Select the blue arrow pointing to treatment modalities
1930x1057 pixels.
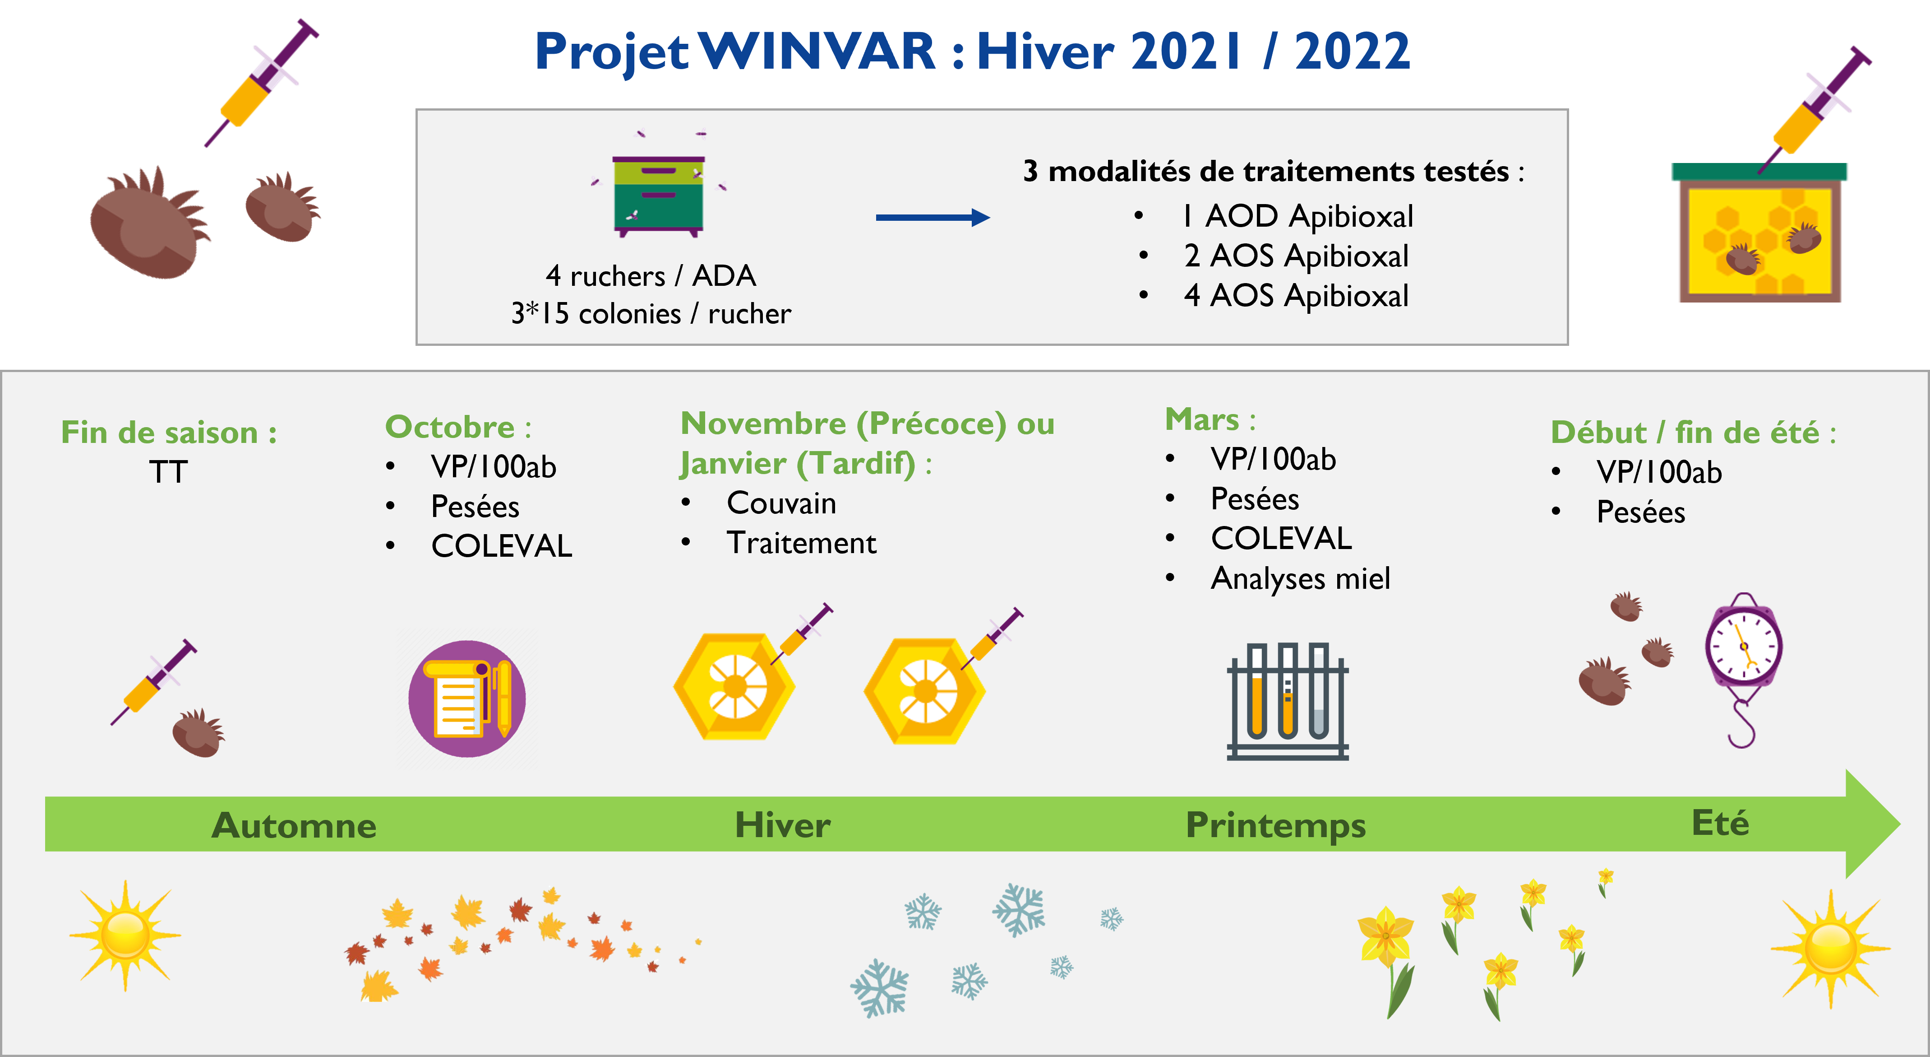pyautogui.click(x=933, y=217)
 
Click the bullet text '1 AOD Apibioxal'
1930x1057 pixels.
pyautogui.click(x=1297, y=216)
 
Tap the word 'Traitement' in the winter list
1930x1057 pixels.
pyautogui.click(x=801, y=543)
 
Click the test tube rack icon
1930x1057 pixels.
pyautogui.click(x=1287, y=701)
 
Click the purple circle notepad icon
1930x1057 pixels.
pyautogui.click(x=467, y=698)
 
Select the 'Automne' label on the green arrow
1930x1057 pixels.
pyautogui.click(x=294, y=825)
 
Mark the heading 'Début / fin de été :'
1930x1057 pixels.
pyautogui.click(x=1693, y=433)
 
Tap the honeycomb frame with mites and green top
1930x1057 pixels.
pyautogui.click(x=1759, y=233)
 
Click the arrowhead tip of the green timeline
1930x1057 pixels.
pyautogui.click(x=1900, y=824)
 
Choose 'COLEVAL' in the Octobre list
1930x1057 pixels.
pyautogui.click(x=501, y=546)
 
